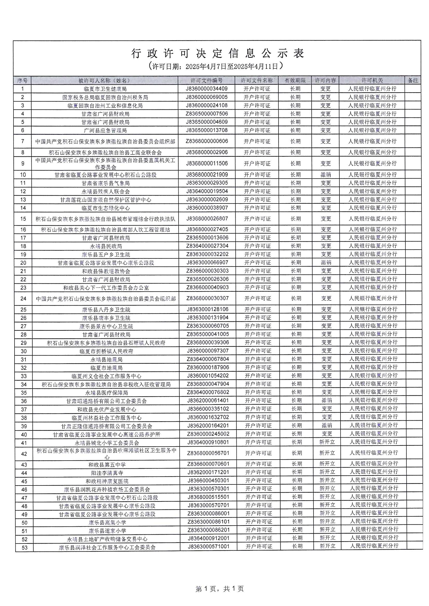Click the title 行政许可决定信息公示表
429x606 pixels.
click(x=217, y=54)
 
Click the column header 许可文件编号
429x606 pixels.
click(x=206, y=81)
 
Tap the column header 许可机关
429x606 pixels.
click(x=372, y=81)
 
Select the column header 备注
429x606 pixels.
click(x=413, y=81)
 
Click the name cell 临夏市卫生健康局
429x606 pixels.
click(x=105, y=89)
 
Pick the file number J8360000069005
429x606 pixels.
click(x=206, y=97)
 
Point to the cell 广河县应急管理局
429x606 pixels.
click(x=105, y=130)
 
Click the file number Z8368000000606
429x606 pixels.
click(x=207, y=141)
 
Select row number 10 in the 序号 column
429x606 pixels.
click(x=23, y=175)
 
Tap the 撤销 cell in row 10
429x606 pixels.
click(x=326, y=175)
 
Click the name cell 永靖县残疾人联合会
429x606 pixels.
click(x=105, y=191)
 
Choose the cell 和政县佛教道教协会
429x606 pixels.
click(x=106, y=271)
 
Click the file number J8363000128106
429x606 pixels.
click(x=208, y=309)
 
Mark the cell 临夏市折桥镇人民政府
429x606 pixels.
click(x=106, y=351)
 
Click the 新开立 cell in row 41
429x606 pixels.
click(x=327, y=442)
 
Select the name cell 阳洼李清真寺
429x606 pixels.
click(x=107, y=473)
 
